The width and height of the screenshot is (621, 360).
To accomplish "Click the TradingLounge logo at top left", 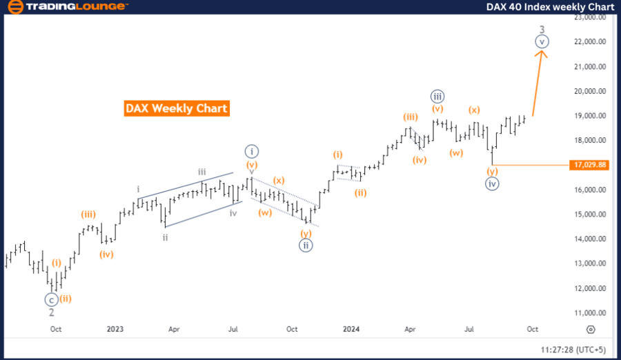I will pos(67,7).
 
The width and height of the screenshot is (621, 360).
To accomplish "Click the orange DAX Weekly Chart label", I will pos(177,108).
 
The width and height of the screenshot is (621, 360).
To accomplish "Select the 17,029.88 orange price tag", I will pos(590,165).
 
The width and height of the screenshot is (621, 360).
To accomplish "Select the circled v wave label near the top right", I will pos(542,41).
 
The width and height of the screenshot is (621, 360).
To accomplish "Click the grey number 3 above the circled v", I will pos(542,29).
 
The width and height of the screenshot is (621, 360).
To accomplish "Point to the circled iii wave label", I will pos(437,97).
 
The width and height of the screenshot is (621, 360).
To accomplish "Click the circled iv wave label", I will pos(492,183).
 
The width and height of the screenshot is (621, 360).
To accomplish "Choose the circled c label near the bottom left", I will pos(51,299).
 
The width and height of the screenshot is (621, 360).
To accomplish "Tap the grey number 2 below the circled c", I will pos(51,312).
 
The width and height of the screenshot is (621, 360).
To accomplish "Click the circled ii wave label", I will pos(306,244).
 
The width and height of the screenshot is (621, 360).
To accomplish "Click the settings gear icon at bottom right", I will pos(591,330).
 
